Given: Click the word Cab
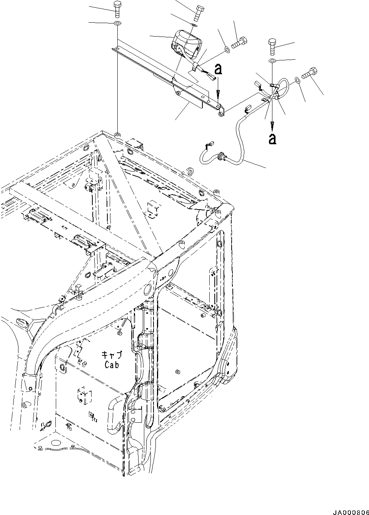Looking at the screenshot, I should [x=111, y=364].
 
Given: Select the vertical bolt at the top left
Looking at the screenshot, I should [x=117, y=9].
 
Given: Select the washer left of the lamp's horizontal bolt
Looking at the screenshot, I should [x=227, y=50].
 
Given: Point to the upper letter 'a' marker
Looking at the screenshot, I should [x=218, y=69].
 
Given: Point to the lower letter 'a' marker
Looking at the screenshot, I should [x=272, y=138].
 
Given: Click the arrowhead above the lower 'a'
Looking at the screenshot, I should [x=272, y=124].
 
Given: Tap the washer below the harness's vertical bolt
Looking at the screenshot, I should [x=272, y=61].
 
